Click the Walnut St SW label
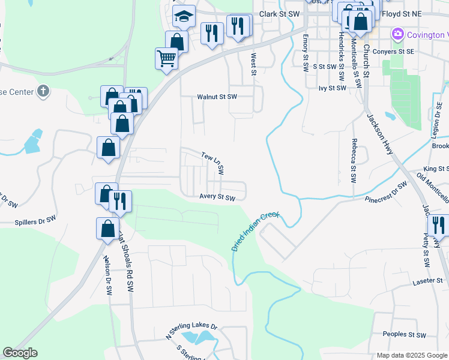click(x=217, y=97)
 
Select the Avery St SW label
click(x=217, y=197)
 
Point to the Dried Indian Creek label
click(x=255, y=232)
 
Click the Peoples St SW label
click(x=404, y=334)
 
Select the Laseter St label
click(x=427, y=281)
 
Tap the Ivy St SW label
click(x=333, y=88)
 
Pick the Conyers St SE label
click(x=394, y=52)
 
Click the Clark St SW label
click(x=279, y=13)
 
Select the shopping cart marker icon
click(x=166, y=59)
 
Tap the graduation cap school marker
click(x=184, y=17)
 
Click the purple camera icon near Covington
click(x=397, y=34)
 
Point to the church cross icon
click(x=42, y=92)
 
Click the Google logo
click(x=20, y=353)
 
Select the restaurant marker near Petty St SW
click(x=439, y=226)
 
